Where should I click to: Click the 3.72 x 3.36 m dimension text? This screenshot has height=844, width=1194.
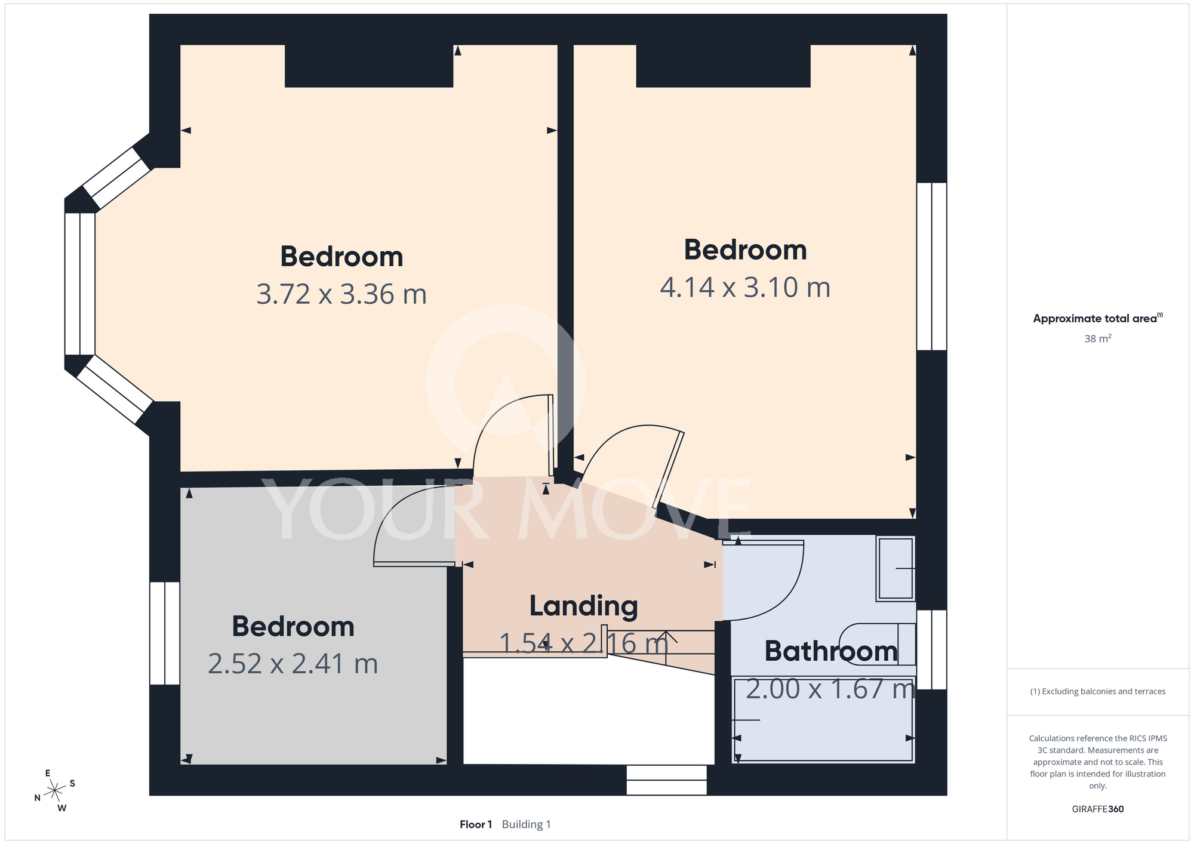pyautogui.click(x=341, y=294)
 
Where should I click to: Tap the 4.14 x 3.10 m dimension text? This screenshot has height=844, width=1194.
pyautogui.click(x=745, y=287)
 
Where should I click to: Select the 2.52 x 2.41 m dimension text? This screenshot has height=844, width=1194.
pyautogui.click(x=293, y=664)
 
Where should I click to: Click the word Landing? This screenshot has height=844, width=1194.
pyautogui.click(x=584, y=606)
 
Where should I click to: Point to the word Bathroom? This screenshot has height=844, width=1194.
pyautogui.click(x=831, y=651)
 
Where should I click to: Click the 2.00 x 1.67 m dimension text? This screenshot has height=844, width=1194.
pyautogui.click(x=830, y=689)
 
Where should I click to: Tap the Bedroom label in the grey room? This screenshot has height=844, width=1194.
pyautogui.click(x=293, y=626)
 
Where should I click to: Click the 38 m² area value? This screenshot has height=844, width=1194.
pyautogui.click(x=1098, y=338)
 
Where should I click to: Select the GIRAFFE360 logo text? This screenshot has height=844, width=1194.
pyautogui.click(x=1098, y=809)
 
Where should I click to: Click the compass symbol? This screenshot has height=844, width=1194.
pyautogui.click(x=55, y=791)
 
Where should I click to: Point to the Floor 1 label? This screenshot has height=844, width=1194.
pyautogui.click(x=476, y=824)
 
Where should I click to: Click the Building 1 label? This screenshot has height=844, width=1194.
pyautogui.click(x=527, y=825)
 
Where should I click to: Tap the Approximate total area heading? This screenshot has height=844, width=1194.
pyautogui.click(x=1098, y=318)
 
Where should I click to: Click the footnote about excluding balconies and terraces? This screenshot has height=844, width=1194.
pyautogui.click(x=1098, y=691)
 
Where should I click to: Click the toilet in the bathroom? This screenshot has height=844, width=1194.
pyautogui.click(x=878, y=644)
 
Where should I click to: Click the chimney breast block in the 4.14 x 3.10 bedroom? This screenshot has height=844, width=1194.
pyautogui.click(x=723, y=66)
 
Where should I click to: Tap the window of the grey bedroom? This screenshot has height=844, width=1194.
pyautogui.click(x=165, y=633)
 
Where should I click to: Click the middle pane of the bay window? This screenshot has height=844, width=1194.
pyautogui.click(x=80, y=284)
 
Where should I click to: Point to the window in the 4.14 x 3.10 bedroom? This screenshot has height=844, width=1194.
pyautogui.click(x=932, y=266)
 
